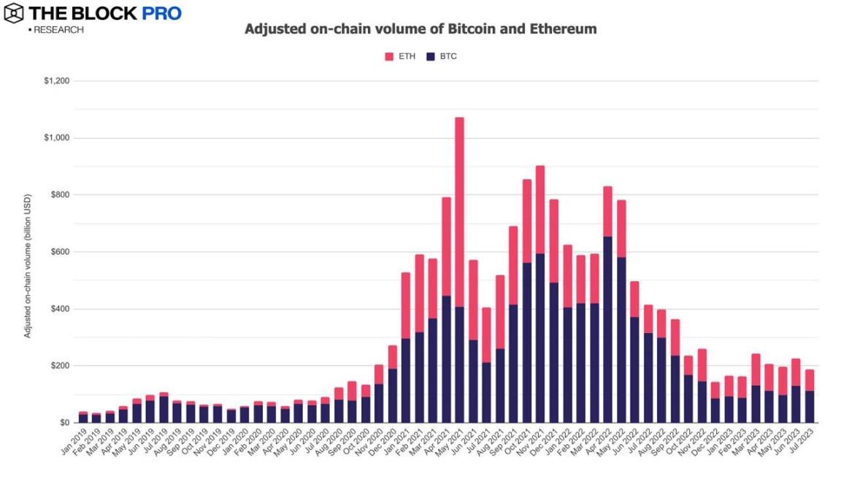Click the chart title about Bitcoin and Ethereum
pos(420,30)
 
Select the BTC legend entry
pos(442,56)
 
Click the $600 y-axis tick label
pos(58,252)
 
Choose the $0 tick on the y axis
pos(64,423)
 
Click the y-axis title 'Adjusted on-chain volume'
pos(28,266)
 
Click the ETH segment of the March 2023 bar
pos(756,370)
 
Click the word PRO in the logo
pos(160,13)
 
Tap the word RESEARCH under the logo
pos(58,30)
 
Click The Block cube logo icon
pos(13,13)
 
